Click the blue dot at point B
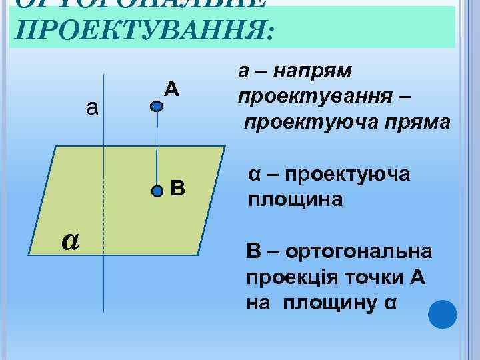point(157,191)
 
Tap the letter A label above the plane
point(172,88)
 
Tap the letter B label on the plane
point(177,189)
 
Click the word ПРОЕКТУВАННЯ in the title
point(143,31)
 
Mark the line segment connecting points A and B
point(157,148)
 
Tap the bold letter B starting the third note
point(254,252)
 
